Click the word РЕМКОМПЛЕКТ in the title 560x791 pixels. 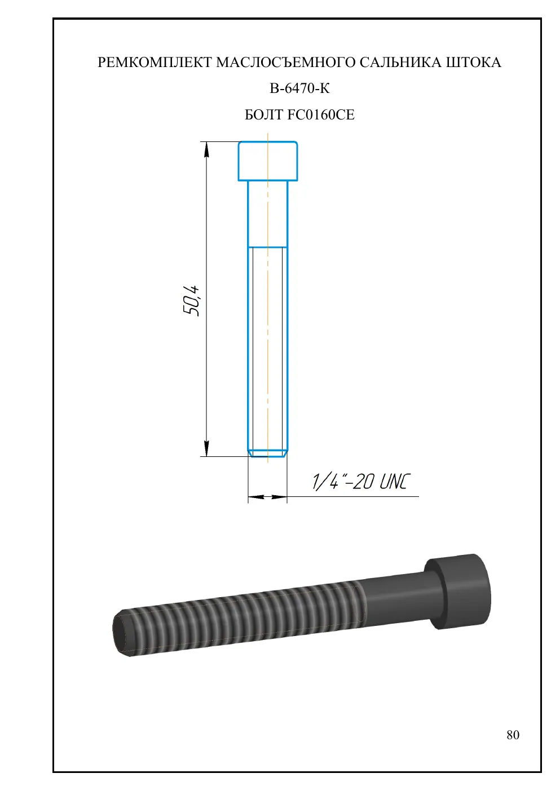[x=155, y=63]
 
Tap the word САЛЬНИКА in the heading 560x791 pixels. [x=400, y=63]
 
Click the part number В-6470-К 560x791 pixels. [x=299, y=88]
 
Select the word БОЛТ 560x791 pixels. [x=264, y=115]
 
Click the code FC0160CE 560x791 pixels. [x=321, y=115]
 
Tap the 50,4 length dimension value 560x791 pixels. [x=191, y=300]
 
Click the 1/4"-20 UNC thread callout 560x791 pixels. [x=361, y=482]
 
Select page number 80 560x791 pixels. [x=513, y=735]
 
